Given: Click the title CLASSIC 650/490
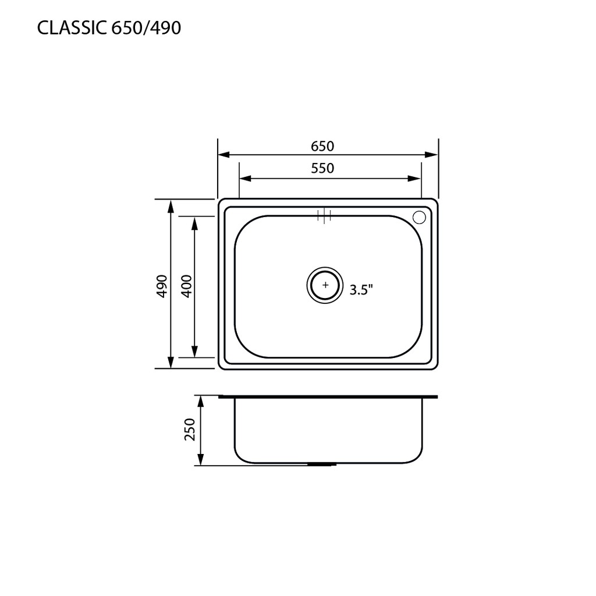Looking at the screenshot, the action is tap(109, 28).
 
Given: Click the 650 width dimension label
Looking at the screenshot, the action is tap(322, 146).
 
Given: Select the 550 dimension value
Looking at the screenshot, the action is tap(322, 168).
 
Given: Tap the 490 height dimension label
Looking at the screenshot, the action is tap(162, 286).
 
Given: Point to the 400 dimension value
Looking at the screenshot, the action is tap(187, 286).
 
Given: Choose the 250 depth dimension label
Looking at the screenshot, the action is tap(189, 430).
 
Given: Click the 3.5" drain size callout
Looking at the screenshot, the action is tap(361, 290).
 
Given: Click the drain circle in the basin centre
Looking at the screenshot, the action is tap(325, 285).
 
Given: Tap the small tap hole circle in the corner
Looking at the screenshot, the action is tap(420, 217).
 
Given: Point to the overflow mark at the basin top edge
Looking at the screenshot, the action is tap(324, 215).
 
